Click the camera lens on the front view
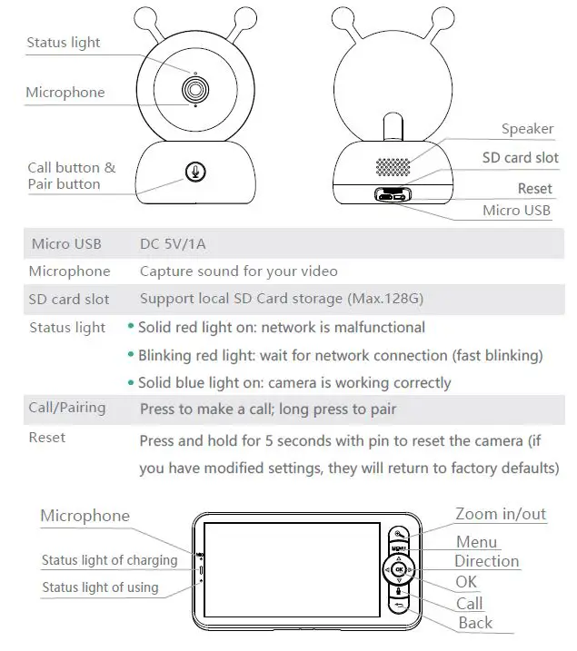click(194, 89)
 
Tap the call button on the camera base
click(194, 171)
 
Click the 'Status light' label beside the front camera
click(64, 43)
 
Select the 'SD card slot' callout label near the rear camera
click(520, 157)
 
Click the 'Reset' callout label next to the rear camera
click(534, 189)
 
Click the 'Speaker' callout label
click(527, 129)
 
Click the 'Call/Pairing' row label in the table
click(66, 408)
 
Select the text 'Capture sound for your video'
click(238, 271)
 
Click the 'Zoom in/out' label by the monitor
click(500, 515)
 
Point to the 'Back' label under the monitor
click(475, 623)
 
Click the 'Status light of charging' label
click(109, 560)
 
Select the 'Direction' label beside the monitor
click(486, 561)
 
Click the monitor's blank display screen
click(284, 573)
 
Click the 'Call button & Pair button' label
click(71, 175)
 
